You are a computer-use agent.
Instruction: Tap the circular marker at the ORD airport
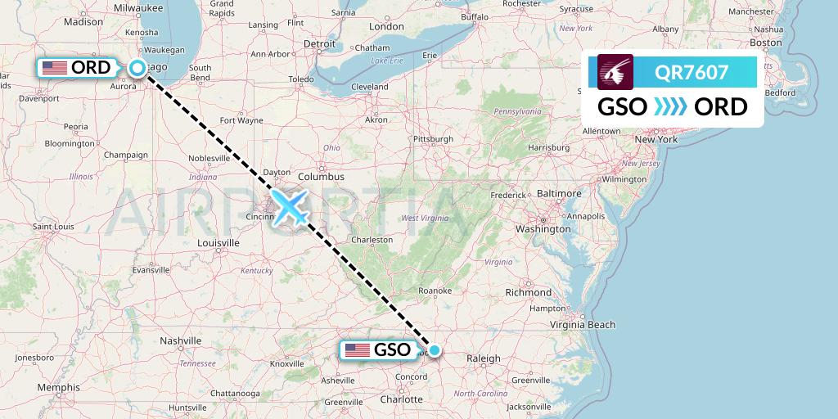coord(138,69)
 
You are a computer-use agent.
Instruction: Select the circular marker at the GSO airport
coord(435,350)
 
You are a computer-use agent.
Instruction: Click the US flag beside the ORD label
coord(55,68)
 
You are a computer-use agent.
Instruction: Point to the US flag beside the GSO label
coord(358,350)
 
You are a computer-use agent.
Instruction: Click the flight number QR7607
coord(692,72)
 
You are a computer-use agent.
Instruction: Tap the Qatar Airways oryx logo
coord(616,71)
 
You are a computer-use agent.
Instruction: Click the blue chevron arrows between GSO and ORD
coord(670,107)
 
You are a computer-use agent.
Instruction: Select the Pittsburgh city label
coord(433,139)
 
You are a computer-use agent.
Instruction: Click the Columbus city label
coord(321,176)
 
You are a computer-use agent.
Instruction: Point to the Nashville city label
coord(181,340)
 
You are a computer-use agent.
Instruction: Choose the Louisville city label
coord(219,242)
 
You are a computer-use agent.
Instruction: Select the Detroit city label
coord(320,43)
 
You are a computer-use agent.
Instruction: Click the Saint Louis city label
coord(53,225)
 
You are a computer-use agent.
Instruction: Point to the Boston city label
coord(766,43)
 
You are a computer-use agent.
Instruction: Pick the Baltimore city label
coord(560,193)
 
